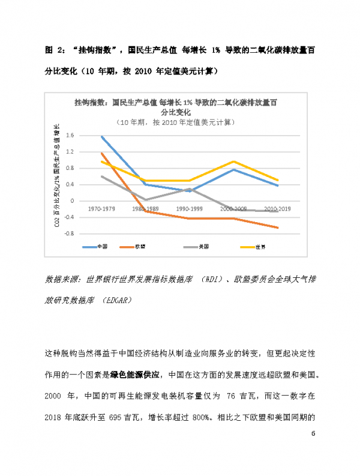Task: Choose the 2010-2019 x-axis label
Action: pyautogui.click(x=277, y=209)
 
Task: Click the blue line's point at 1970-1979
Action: pyautogui.click(x=102, y=137)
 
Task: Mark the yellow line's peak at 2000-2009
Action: pyautogui.click(x=233, y=161)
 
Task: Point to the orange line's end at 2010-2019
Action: pyautogui.click(x=277, y=227)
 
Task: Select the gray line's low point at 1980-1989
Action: pyautogui.click(x=146, y=200)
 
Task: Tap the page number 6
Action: pyautogui.click(x=313, y=433)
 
